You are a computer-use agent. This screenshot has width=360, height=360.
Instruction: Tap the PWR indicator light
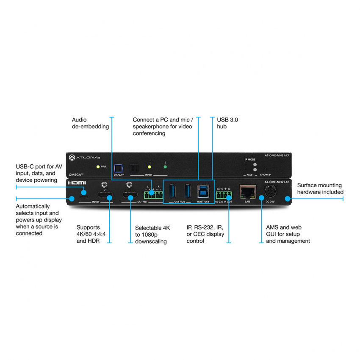point(98,167)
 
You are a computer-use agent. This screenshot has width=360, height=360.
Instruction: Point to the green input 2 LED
point(165,167)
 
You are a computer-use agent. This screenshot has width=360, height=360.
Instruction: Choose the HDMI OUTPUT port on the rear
point(130,196)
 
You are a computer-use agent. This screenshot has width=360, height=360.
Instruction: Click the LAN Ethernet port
point(247,191)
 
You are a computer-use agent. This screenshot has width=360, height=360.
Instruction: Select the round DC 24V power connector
point(270,192)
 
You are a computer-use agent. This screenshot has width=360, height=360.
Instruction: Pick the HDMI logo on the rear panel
point(77,183)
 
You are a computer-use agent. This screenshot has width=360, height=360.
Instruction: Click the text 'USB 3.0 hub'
point(227,123)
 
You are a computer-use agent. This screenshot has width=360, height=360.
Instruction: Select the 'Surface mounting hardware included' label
point(320,188)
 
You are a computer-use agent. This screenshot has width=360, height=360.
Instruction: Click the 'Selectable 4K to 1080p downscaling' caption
point(152,234)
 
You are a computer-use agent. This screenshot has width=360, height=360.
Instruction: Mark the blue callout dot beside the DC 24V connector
point(288,198)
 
